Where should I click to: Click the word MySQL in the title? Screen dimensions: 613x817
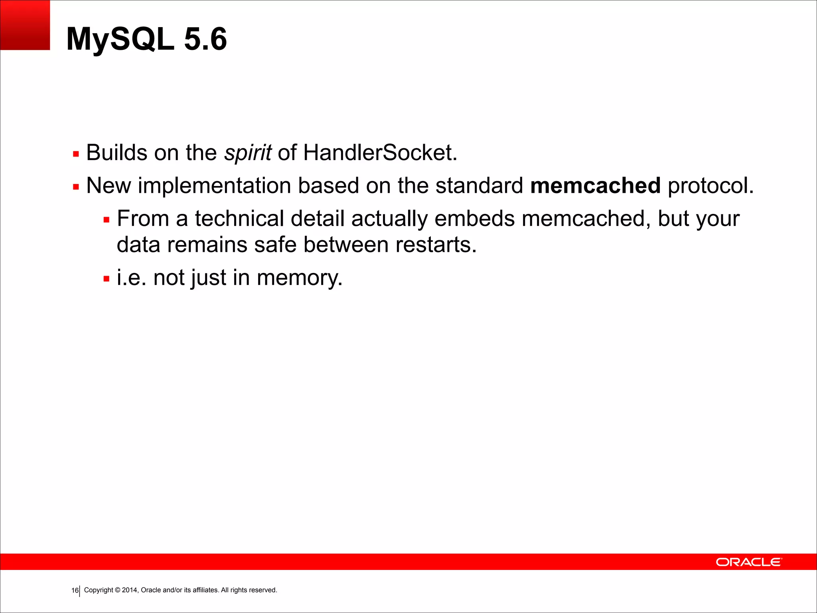[x=120, y=39]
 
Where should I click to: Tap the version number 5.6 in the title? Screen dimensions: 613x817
[x=205, y=39]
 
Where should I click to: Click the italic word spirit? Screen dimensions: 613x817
[x=248, y=153]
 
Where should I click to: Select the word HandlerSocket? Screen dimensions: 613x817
[x=380, y=153]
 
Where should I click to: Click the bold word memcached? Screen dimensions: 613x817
[x=595, y=186]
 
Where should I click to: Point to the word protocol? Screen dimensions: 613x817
[x=710, y=186]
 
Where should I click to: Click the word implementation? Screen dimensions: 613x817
[x=214, y=186]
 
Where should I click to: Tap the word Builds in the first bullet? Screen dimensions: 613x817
[x=116, y=153]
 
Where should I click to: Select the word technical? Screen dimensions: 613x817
[x=239, y=219]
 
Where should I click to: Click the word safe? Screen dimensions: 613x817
[x=275, y=245]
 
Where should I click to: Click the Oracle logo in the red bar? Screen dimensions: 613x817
[x=749, y=562]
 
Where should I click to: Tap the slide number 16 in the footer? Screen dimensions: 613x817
[x=75, y=591]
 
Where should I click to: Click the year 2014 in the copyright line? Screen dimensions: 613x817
[x=130, y=590]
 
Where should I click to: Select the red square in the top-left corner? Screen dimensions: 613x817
[x=25, y=25]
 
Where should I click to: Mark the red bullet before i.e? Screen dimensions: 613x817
[x=106, y=279]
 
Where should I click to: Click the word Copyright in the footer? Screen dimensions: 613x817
[x=99, y=590]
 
